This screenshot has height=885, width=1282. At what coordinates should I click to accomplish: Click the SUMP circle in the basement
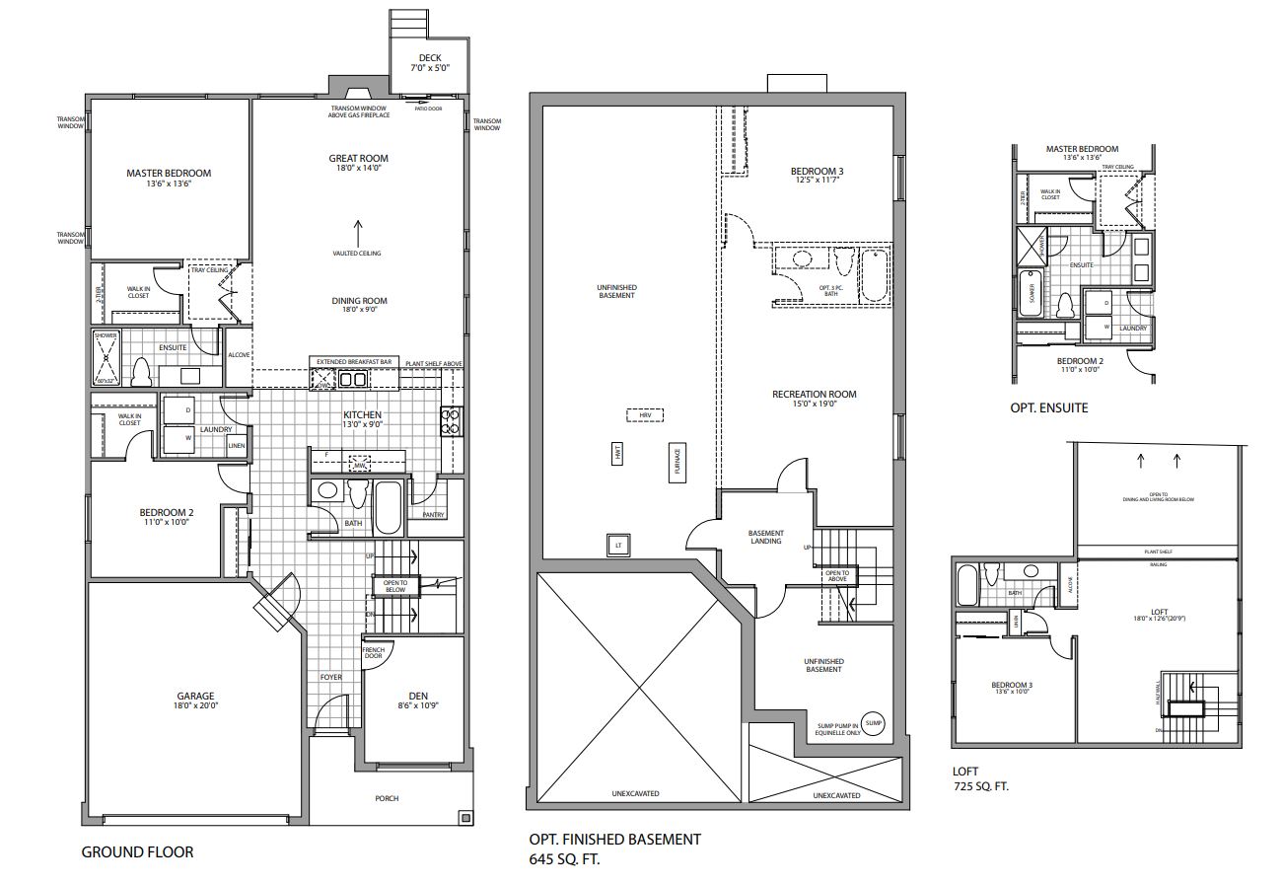(x=872, y=723)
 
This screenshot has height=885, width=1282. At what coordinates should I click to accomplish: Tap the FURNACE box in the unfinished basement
(x=677, y=462)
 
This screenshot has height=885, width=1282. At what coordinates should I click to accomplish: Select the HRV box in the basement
(x=646, y=415)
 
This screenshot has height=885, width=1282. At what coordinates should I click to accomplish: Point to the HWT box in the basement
(x=617, y=454)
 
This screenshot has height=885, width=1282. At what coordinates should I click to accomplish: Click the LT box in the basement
(x=618, y=544)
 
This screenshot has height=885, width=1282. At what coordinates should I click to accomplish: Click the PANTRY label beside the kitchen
(x=434, y=514)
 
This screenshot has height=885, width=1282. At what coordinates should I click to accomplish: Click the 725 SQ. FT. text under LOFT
(x=981, y=786)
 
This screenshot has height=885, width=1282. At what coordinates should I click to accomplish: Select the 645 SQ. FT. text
(x=564, y=859)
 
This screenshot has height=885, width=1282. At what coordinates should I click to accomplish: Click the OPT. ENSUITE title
(x=1049, y=407)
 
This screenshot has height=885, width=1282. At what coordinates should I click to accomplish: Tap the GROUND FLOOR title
(x=137, y=851)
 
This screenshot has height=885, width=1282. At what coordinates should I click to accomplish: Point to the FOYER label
(x=331, y=677)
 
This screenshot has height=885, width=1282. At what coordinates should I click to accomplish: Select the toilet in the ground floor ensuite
(x=140, y=372)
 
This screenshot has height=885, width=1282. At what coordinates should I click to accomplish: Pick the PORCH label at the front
(x=387, y=797)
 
